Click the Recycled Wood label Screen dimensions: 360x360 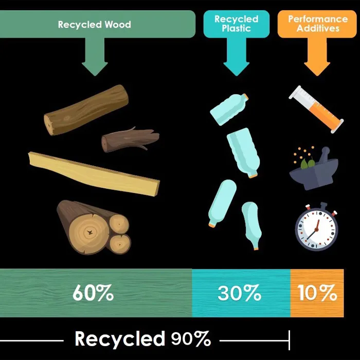pyautogui.click(x=95, y=24)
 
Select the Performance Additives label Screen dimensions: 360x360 pyautogui.click(x=317, y=23)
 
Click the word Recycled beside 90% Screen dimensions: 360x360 pyautogui.click(x=119, y=339)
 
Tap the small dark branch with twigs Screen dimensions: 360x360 pyautogui.click(x=129, y=139)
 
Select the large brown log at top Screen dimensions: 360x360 pyautogui.click(x=86, y=110)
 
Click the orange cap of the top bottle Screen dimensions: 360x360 pyautogui.click(x=246, y=97)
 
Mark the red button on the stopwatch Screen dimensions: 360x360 pyautogui.click(x=333, y=211)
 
